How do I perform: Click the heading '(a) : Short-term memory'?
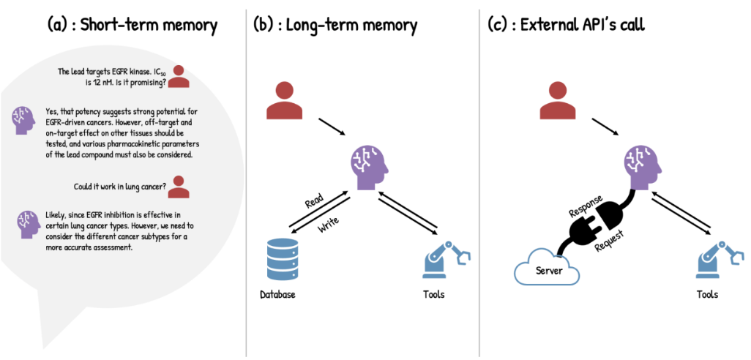(132, 25)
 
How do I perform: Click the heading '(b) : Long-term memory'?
(335, 25)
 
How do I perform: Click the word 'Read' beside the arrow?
(313, 203)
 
